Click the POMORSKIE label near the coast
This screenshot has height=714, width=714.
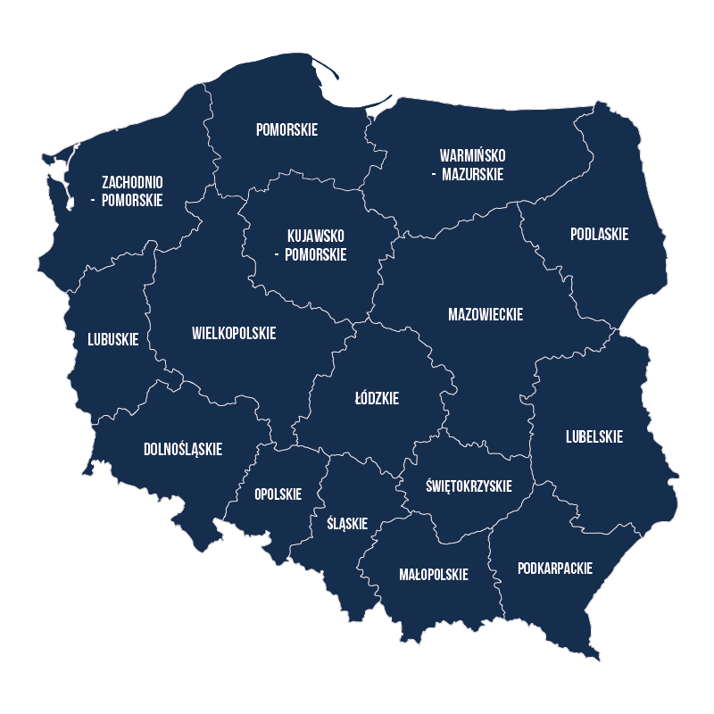286,129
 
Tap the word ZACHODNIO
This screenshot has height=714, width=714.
132,182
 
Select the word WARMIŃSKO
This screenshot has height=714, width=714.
472,156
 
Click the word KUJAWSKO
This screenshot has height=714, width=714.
316,236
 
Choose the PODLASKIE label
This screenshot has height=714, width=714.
599,234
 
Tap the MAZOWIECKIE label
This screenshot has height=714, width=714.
485,314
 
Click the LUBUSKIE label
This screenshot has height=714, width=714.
112,339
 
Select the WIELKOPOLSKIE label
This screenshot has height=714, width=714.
234,333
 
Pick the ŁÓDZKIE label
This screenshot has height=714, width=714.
377,398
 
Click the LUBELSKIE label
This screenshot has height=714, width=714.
594,436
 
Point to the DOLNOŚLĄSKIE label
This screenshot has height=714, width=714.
183,449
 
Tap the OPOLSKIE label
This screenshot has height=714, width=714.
278,494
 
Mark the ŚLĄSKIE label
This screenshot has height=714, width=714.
347,523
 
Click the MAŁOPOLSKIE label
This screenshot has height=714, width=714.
433,574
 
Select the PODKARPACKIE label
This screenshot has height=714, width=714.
555,568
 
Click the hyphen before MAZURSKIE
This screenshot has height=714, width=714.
433,175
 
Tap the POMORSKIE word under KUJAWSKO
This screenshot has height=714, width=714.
315,254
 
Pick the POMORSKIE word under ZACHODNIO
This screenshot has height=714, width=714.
132,200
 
